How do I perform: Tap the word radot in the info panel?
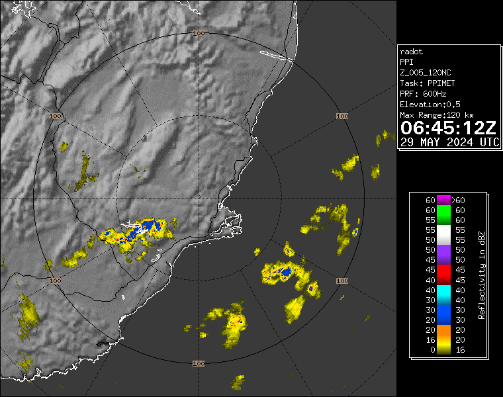click(412, 52)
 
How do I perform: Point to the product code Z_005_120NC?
click(426, 73)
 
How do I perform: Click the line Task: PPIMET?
click(427, 83)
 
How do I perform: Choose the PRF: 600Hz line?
click(424, 94)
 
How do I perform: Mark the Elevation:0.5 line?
click(431, 105)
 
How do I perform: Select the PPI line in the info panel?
click(406, 62)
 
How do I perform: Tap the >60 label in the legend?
click(458, 200)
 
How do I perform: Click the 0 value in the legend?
click(430, 350)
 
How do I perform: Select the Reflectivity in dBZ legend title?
click(482, 275)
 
